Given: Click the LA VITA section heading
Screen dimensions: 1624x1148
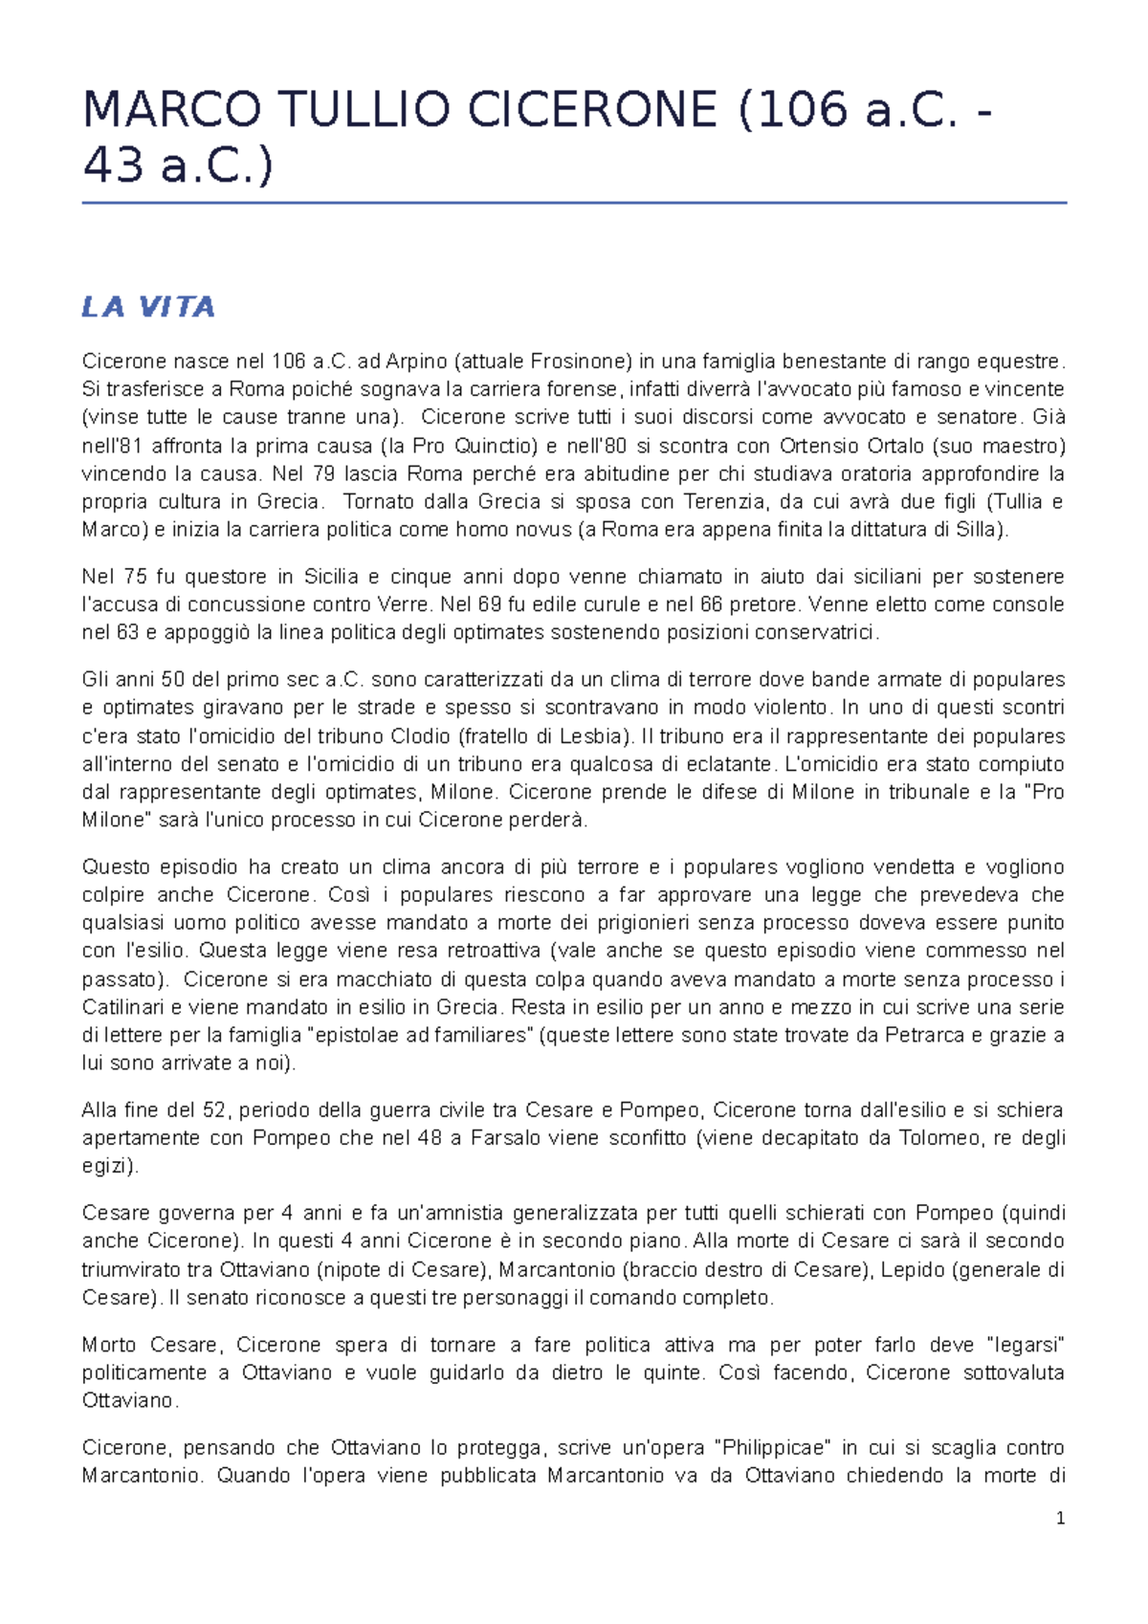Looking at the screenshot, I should (x=148, y=307).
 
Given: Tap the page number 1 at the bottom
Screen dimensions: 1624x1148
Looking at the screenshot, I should (x=1060, y=1518).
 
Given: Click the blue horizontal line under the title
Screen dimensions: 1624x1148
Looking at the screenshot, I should (x=574, y=203).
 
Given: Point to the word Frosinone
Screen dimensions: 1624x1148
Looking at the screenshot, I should (x=580, y=362).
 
